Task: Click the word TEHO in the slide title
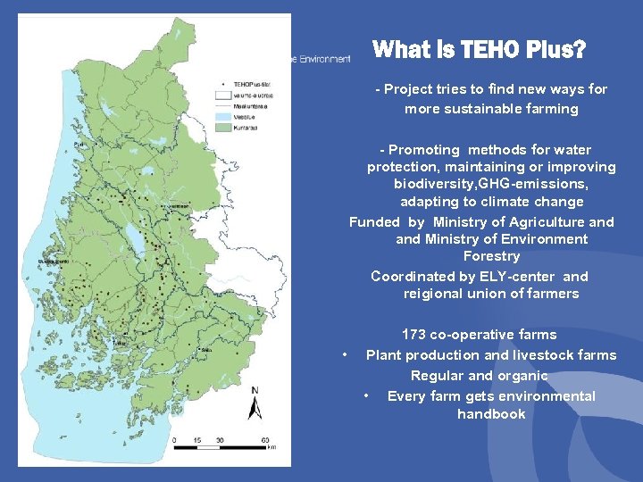pos(483,50)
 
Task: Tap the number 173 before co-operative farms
pos(414,335)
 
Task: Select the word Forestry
pos(491,256)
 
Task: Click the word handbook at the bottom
pos(491,414)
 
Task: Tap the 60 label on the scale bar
pos(265,440)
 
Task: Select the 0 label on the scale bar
pos(174,440)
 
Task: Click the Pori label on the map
pos(79,145)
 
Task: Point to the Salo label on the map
pos(206,349)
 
